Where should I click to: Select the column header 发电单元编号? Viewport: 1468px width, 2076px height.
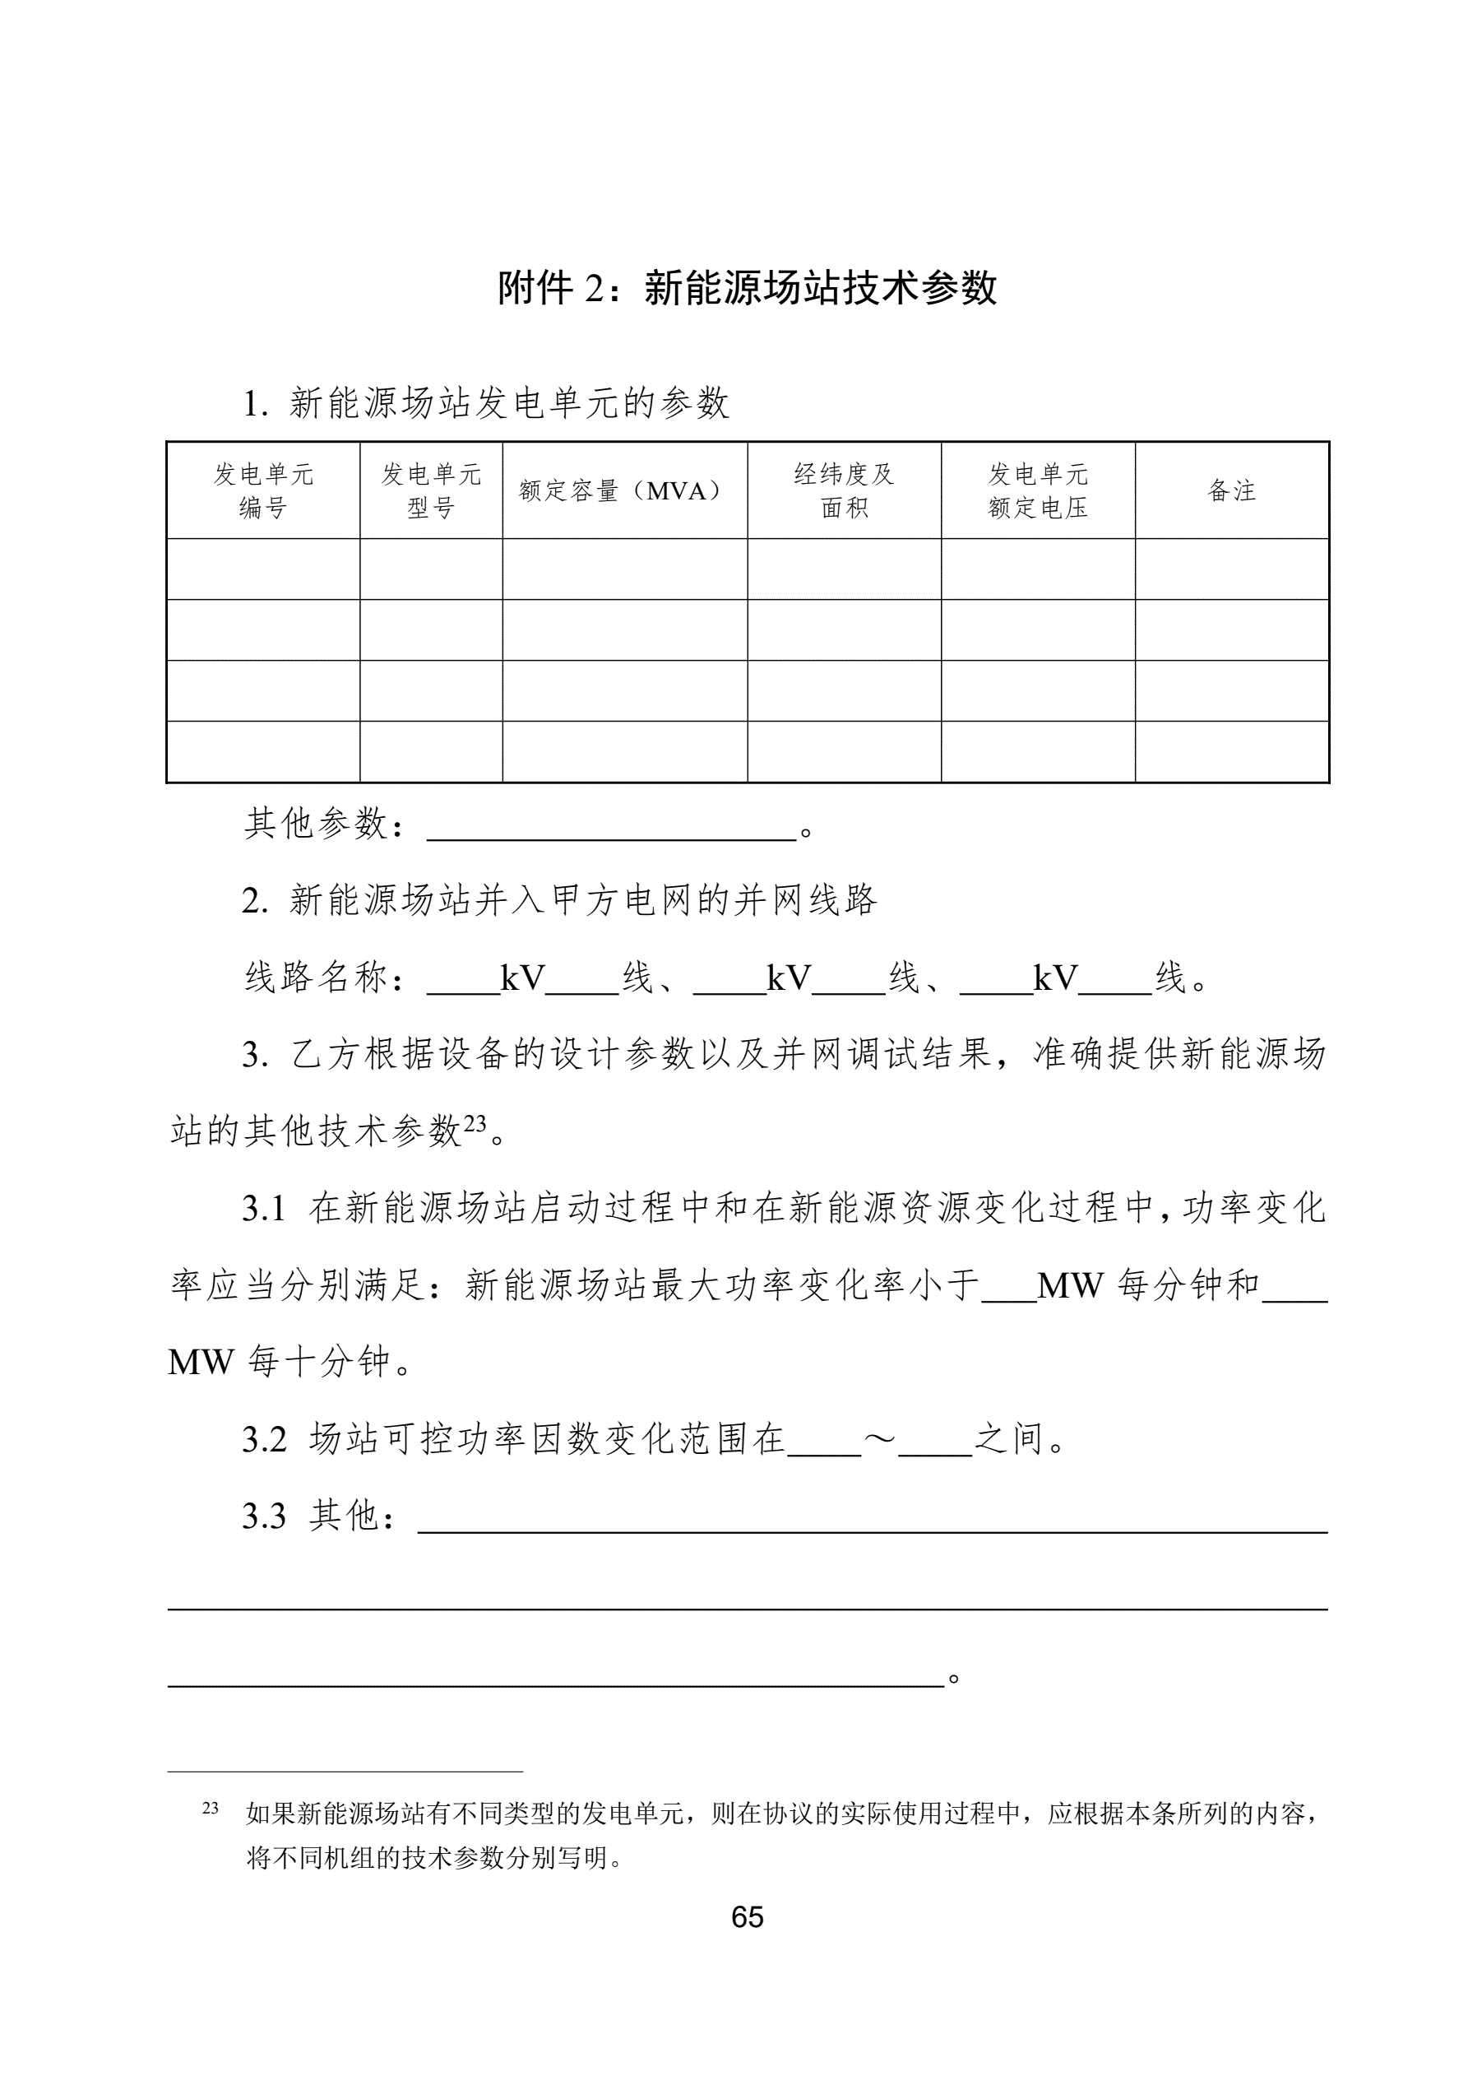263,490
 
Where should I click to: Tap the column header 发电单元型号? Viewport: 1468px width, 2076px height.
431,490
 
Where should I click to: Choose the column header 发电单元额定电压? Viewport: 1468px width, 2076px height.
1038,490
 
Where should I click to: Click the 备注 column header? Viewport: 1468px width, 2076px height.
1231,491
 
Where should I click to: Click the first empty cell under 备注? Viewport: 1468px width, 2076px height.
1231,569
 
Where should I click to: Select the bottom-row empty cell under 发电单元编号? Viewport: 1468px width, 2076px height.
263,751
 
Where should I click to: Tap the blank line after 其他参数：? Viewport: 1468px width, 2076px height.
611,827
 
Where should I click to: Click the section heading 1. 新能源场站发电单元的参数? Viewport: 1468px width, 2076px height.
486,403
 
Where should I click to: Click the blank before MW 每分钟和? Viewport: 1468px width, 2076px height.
1009,1287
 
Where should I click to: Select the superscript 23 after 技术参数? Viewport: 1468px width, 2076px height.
475,1124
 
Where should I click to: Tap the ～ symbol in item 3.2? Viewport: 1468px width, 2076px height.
879,1438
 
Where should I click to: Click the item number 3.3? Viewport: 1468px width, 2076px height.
264,1516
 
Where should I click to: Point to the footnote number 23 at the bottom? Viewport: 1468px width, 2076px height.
211,1809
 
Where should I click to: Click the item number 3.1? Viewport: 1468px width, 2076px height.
264,1209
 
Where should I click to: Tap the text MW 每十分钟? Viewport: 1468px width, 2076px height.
280,1363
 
